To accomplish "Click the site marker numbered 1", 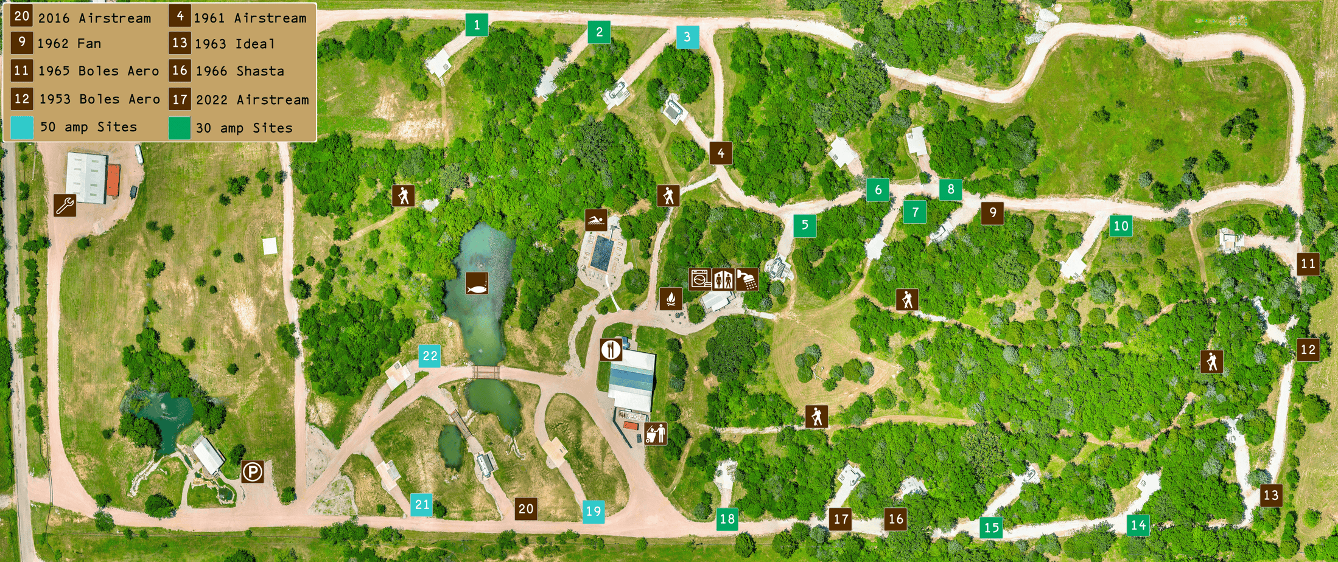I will pyautogui.click(x=477, y=25).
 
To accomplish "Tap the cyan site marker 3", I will pyautogui.click(x=687, y=36).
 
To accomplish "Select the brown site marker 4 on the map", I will pyautogui.click(x=721, y=153).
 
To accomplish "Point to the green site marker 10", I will pyautogui.click(x=1121, y=226).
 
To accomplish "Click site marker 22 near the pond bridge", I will pyautogui.click(x=430, y=356).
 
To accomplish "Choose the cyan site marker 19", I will pyautogui.click(x=594, y=511).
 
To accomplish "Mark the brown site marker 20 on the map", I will pyautogui.click(x=526, y=508).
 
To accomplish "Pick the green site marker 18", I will pyautogui.click(x=727, y=519).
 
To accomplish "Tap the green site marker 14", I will pyautogui.click(x=1138, y=525).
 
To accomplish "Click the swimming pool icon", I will pyautogui.click(x=596, y=220).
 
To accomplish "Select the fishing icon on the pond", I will pyautogui.click(x=477, y=283).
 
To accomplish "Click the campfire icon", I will pyautogui.click(x=670, y=299).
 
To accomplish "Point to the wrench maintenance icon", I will pyautogui.click(x=65, y=206).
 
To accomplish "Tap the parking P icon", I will pyautogui.click(x=252, y=471).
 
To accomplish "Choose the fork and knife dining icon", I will pyautogui.click(x=611, y=350).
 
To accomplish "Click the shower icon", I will pyautogui.click(x=747, y=279).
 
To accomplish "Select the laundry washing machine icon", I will pyautogui.click(x=699, y=279).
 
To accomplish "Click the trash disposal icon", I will pyautogui.click(x=656, y=434).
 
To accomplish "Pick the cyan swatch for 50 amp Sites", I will pyautogui.click(x=22, y=127).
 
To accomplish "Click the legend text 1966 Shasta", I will pyautogui.click(x=239, y=71).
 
